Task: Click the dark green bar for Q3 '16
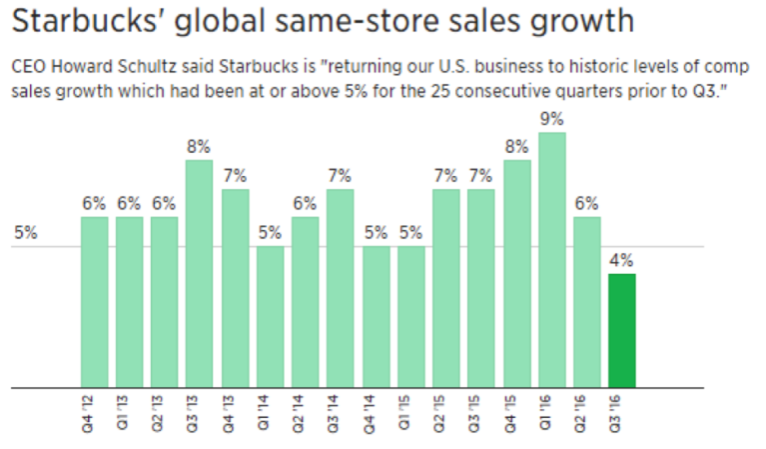[621, 330]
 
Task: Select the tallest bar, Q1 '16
[551, 260]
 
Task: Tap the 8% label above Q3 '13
[199, 146]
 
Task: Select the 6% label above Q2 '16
[586, 203]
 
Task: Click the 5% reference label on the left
[26, 234]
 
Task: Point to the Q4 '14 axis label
[376, 413]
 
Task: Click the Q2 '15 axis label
[445, 413]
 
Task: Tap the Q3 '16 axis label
[621, 413]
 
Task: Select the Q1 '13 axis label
[129, 413]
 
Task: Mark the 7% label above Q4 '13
[235, 175]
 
